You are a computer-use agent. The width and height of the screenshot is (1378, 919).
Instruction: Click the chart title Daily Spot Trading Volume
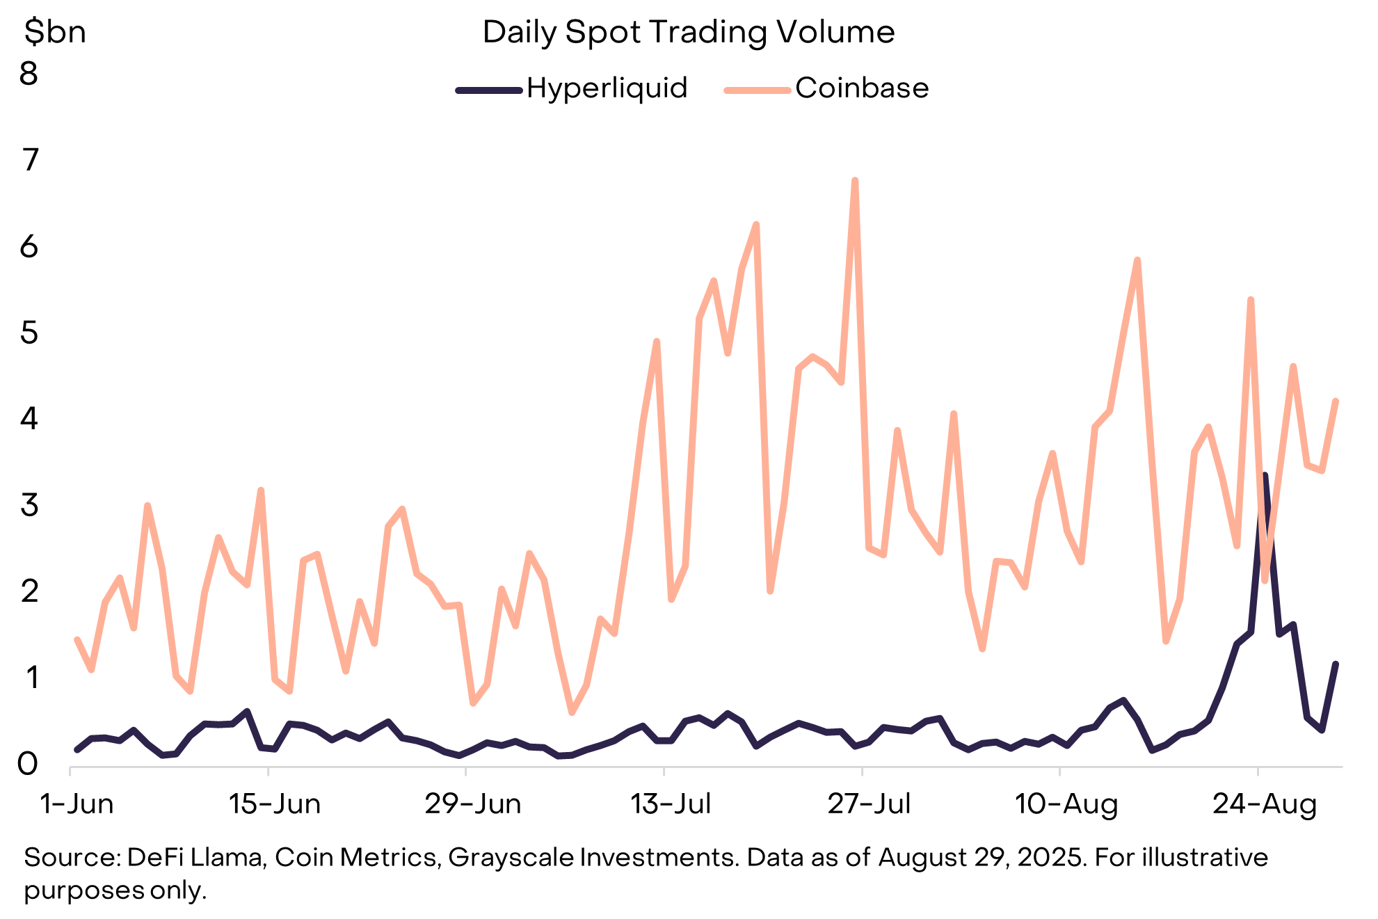(x=688, y=33)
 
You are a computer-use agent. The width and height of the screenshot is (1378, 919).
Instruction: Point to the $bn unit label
(x=55, y=33)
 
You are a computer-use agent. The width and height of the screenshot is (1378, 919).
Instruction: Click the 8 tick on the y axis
(x=29, y=74)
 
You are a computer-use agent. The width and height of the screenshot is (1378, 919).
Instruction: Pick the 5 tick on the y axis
(x=29, y=333)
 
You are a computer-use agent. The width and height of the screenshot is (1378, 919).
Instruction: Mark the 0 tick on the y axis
(x=28, y=764)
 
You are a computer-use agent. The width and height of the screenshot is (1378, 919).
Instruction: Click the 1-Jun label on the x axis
(x=77, y=804)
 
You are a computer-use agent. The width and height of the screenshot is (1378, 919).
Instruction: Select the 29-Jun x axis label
(x=473, y=804)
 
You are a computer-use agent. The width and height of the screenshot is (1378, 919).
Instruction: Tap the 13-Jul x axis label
(x=671, y=804)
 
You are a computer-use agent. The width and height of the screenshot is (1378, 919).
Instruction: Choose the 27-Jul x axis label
(x=869, y=804)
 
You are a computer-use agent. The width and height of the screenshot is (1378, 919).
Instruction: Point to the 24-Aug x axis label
(x=1265, y=804)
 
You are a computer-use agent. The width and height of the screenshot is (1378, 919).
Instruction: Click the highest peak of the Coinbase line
(x=855, y=180)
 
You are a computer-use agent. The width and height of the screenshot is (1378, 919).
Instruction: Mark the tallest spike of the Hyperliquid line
(x=1265, y=475)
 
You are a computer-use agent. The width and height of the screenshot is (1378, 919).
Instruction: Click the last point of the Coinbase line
(x=1336, y=401)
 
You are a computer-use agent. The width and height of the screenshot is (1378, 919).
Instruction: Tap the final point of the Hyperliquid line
(x=1336, y=664)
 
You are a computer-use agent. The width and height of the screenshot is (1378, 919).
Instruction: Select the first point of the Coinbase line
(x=77, y=639)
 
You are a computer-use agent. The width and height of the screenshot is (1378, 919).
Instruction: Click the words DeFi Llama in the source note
(x=195, y=858)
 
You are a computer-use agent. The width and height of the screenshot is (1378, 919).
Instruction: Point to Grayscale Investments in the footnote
(x=592, y=858)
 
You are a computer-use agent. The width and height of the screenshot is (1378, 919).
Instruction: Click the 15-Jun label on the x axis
(x=275, y=804)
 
